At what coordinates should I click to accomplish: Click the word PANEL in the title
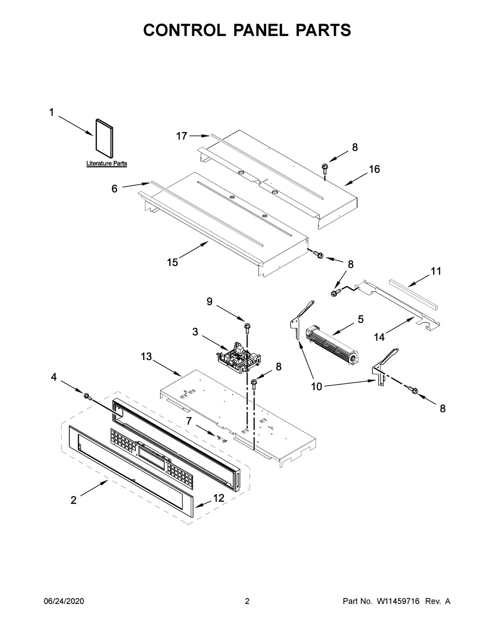click(x=260, y=30)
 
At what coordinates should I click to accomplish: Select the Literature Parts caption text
click(x=106, y=163)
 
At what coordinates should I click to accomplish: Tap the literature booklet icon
click(x=104, y=138)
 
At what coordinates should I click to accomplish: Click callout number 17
click(x=182, y=136)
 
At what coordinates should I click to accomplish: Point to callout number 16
click(x=374, y=169)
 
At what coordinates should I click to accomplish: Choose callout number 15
click(x=172, y=262)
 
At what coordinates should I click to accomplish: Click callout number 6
click(x=115, y=189)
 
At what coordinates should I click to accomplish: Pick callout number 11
click(x=436, y=271)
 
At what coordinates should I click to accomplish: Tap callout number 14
click(x=379, y=337)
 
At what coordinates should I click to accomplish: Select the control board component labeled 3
click(x=239, y=358)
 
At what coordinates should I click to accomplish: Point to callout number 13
click(x=146, y=357)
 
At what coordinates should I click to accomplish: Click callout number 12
click(x=219, y=498)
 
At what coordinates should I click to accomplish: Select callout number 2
click(x=74, y=500)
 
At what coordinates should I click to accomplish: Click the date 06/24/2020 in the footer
click(x=64, y=601)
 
